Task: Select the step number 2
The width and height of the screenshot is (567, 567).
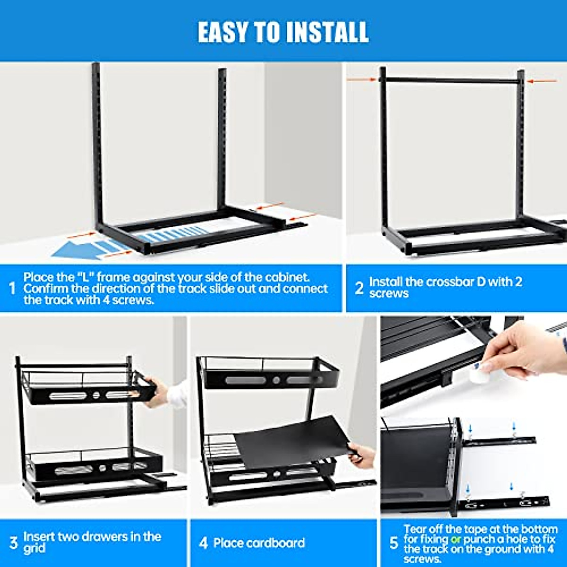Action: (359, 288)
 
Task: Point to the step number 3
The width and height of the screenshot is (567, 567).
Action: (13, 542)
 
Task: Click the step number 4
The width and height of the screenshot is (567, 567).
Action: (203, 543)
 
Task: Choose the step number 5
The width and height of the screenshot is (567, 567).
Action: (394, 543)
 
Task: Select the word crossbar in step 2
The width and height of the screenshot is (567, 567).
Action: (450, 282)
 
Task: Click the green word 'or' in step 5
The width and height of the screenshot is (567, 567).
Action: (455, 539)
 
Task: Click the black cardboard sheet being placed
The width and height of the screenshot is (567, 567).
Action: (293, 442)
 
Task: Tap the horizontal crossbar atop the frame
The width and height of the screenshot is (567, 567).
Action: (452, 81)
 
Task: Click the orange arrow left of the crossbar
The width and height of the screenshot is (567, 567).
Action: (362, 79)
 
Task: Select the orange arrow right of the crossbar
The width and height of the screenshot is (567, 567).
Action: (542, 81)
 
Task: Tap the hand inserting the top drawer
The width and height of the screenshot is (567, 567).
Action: (158, 390)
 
